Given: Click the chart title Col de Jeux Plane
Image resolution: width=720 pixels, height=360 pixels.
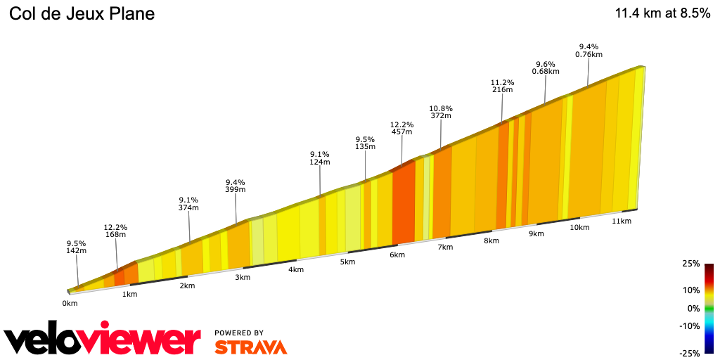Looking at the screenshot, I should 82,14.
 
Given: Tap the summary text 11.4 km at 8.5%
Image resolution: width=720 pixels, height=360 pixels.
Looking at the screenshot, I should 662,13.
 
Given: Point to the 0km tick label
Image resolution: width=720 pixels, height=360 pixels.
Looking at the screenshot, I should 69,304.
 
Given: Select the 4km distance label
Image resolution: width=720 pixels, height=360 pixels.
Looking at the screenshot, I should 295,269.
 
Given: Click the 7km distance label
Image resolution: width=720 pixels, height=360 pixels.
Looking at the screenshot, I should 444,248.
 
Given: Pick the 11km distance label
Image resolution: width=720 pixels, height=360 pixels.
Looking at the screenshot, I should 622,221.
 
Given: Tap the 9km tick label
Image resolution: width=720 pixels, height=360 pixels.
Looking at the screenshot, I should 536,233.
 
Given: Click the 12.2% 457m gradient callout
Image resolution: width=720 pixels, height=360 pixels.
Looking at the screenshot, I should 401,128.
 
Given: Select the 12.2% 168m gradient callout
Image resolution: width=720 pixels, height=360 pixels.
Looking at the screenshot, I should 115,231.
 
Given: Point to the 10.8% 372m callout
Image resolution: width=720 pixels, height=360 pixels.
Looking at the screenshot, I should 441,112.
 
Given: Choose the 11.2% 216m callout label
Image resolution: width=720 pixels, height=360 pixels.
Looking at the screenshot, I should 502,86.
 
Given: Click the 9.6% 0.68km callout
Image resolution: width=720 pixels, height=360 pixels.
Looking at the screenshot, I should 546,67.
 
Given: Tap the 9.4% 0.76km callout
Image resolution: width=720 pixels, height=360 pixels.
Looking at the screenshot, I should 589,50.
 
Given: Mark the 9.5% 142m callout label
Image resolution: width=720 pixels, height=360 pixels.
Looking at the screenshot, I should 76,247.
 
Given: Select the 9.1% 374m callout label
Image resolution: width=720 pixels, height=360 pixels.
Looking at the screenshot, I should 188,203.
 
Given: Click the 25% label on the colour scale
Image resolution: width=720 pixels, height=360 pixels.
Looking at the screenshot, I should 691,264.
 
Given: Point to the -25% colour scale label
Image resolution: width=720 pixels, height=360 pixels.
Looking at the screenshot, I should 690,352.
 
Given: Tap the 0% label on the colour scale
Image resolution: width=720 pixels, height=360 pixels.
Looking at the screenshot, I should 693,308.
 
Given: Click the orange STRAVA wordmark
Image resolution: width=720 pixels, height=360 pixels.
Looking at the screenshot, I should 250,347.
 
